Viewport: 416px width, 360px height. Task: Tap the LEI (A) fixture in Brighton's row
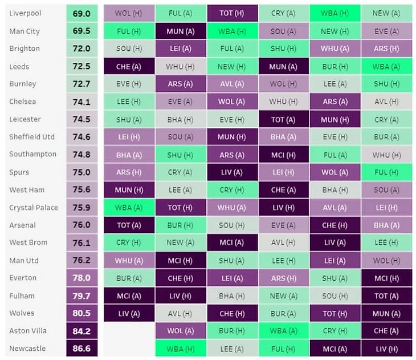(180, 49)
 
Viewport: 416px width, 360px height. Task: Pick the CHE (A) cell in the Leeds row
(129, 67)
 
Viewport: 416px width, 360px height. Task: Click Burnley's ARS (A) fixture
(180, 84)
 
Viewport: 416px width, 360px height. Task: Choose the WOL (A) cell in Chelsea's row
(232, 102)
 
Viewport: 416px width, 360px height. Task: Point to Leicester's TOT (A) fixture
(283, 119)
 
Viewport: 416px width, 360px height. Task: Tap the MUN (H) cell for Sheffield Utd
(232, 137)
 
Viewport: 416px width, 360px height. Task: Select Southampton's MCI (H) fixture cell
(283, 155)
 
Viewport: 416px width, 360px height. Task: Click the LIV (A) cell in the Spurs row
(232, 172)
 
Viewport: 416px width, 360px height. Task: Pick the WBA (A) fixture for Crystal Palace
(129, 208)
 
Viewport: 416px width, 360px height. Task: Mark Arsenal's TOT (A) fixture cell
(129, 225)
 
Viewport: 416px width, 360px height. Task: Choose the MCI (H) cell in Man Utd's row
(180, 261)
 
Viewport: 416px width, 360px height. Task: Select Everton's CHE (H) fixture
(180, 278)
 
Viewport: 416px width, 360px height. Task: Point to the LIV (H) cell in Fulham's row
(180, 296)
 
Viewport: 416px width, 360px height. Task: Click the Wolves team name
(22, 313)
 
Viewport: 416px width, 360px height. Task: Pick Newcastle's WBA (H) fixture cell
(180, 349)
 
